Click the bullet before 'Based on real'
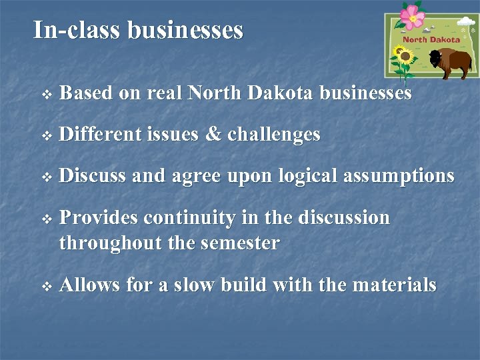point(46,95)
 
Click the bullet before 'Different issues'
point(46,136)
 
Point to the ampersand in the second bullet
point(213,135)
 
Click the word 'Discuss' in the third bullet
point(93,176)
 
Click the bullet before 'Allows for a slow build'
point(46,287)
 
